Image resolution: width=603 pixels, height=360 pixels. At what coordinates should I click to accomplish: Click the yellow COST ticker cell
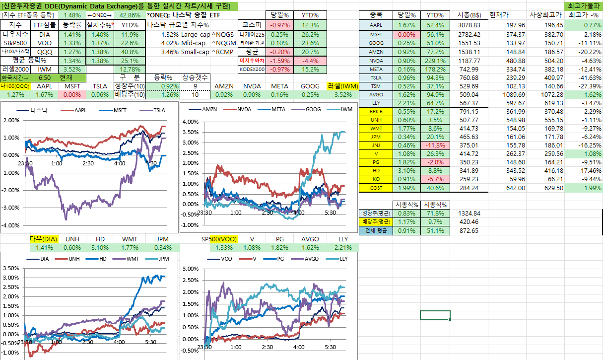pos(376,188)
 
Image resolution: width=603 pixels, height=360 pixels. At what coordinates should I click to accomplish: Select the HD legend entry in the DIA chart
pos(101,259)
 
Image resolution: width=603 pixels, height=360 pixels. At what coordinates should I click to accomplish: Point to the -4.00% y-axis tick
pos(10,225)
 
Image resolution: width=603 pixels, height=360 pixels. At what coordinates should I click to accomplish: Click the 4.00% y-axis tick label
pos(191,122)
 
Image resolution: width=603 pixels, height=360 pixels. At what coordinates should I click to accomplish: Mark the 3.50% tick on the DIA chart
pos(10,268)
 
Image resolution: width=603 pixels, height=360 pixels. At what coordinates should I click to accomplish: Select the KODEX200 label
pos(252,69)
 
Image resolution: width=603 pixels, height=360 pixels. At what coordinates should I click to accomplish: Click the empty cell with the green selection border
pos(435,315)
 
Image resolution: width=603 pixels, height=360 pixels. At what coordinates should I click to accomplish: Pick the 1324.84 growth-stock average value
pos(469,213)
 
